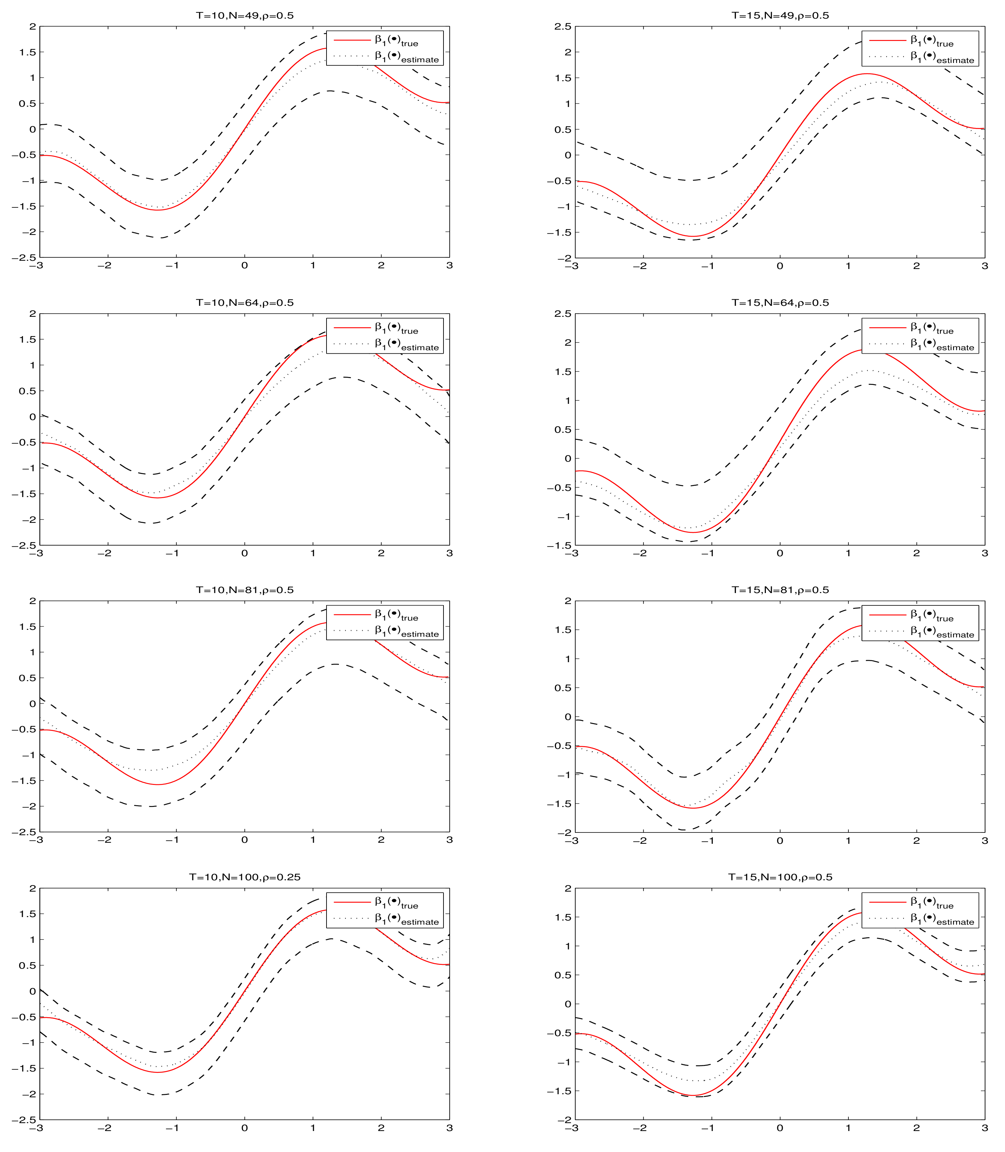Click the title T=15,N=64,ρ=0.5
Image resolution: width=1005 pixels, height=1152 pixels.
pos(780,303)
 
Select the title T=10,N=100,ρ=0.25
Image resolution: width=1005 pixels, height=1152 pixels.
pos(245,877)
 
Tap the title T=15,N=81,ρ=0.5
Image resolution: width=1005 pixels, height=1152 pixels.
pos(780,590)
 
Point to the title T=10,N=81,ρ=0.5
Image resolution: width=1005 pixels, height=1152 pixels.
pos(245,590)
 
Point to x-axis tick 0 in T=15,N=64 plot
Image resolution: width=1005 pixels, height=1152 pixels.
pos(780,553)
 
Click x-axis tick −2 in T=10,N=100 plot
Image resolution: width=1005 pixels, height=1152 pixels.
pos(104,1128)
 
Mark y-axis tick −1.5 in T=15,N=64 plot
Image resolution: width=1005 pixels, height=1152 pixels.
pos(559,546)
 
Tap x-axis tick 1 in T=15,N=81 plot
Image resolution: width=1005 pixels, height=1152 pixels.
pos(848,841)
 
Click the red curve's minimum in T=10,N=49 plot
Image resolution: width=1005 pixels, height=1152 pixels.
pos(158,210)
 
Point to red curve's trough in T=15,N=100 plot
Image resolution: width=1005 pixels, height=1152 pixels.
pos(694,1095)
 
